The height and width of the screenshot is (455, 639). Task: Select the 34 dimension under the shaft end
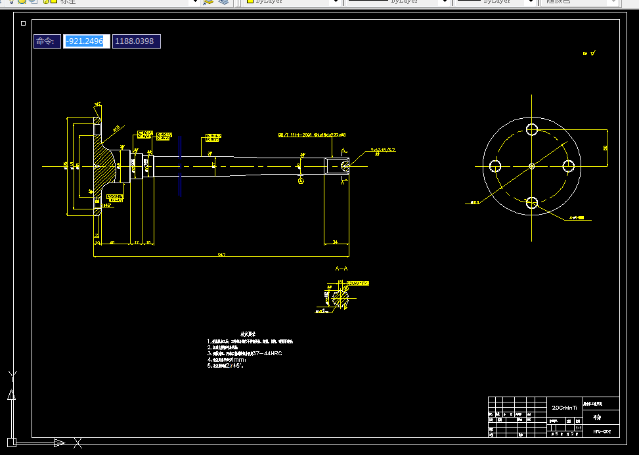[x=336, y=242]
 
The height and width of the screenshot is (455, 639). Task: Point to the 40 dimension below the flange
[x=112, y=242]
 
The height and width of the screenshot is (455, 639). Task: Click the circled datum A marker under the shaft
[x=301, y=180]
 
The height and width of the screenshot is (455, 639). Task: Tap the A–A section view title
[x=341, y=269]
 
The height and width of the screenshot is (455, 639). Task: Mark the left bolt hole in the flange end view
[x=495, y=166]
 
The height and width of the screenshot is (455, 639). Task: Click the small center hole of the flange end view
[x=532, y=166]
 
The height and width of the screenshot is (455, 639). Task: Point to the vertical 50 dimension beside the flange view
[x=606, y=148]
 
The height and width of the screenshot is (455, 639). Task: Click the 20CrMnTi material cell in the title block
[x=563, y=407]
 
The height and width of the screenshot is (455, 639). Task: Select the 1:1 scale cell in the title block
[x=578, y=427]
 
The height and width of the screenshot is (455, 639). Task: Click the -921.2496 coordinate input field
[x=86, y=41]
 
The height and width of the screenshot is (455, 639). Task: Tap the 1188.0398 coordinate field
[x=136, y=41]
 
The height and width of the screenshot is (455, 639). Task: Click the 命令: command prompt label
[x=46, y=41]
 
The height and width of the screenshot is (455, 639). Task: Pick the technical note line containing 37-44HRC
[x=245, y=353]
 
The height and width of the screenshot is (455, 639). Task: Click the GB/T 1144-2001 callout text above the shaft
[x=311, y=135]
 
